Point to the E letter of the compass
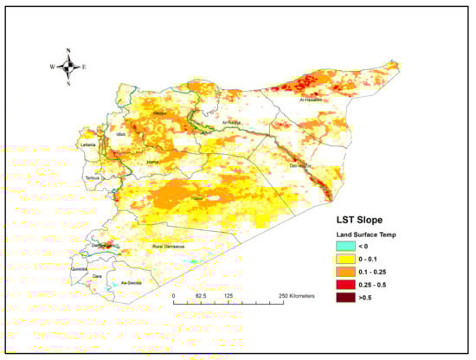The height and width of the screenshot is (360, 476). [x=85, y=67]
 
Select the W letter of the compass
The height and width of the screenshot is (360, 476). [x=52, y=67]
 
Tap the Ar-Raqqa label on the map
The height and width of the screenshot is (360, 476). [x=235, y=123]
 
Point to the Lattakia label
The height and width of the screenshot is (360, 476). [x=88, y=145]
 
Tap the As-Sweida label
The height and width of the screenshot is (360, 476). [x=130, y=282]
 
